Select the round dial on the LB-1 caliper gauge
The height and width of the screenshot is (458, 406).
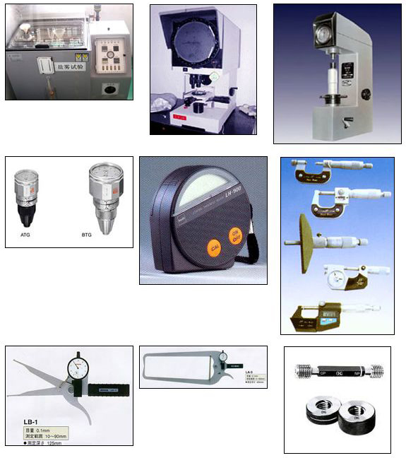click(x=78, y=368)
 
